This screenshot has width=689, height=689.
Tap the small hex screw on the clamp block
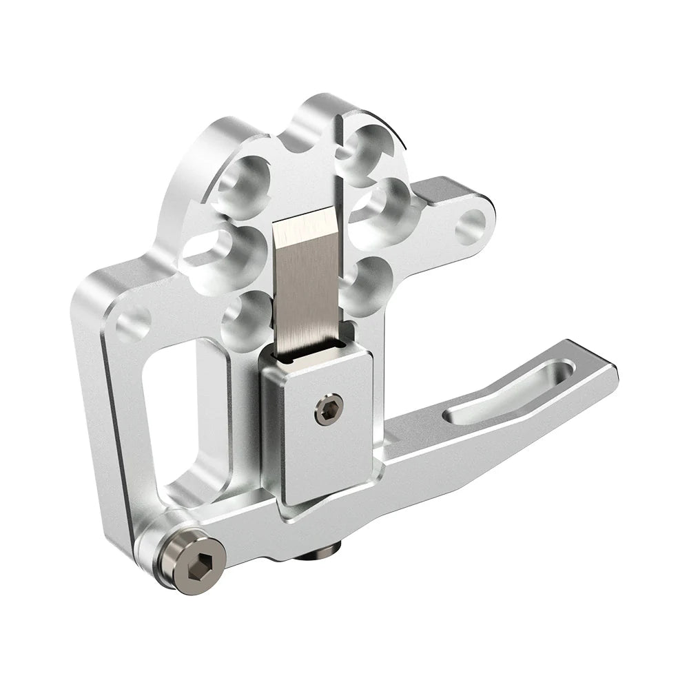tap(325, 411)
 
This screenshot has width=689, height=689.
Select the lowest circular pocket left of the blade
tap(246, 318)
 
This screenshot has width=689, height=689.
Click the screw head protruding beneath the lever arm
tap(329, 548)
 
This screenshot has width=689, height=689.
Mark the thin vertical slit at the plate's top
tap(340, 158)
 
